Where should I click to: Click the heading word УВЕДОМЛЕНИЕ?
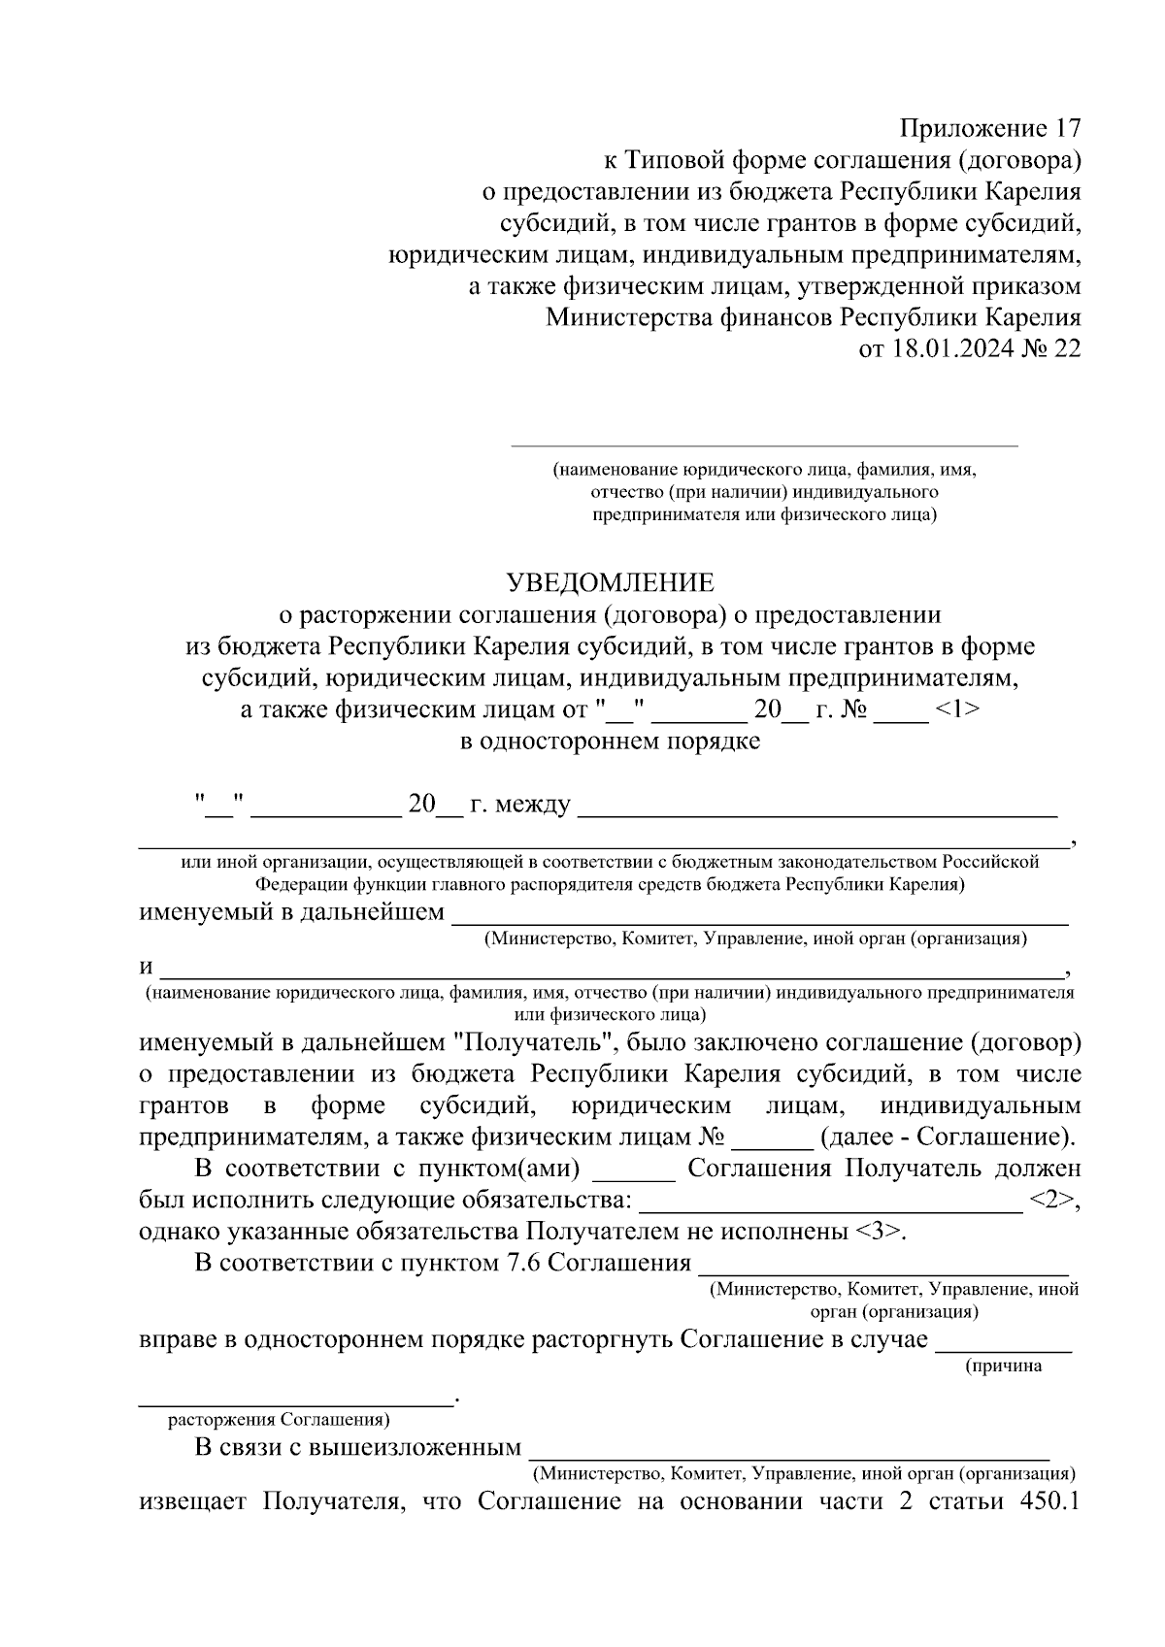610,582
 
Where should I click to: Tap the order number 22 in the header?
1065,349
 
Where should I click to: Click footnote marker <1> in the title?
956,709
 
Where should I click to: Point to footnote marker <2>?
1053,1200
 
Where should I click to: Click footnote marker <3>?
880,1232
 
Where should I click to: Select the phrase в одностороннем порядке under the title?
610,741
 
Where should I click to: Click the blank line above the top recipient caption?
764,445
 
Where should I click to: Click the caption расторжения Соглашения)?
280,1419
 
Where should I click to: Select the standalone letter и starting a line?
147,968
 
